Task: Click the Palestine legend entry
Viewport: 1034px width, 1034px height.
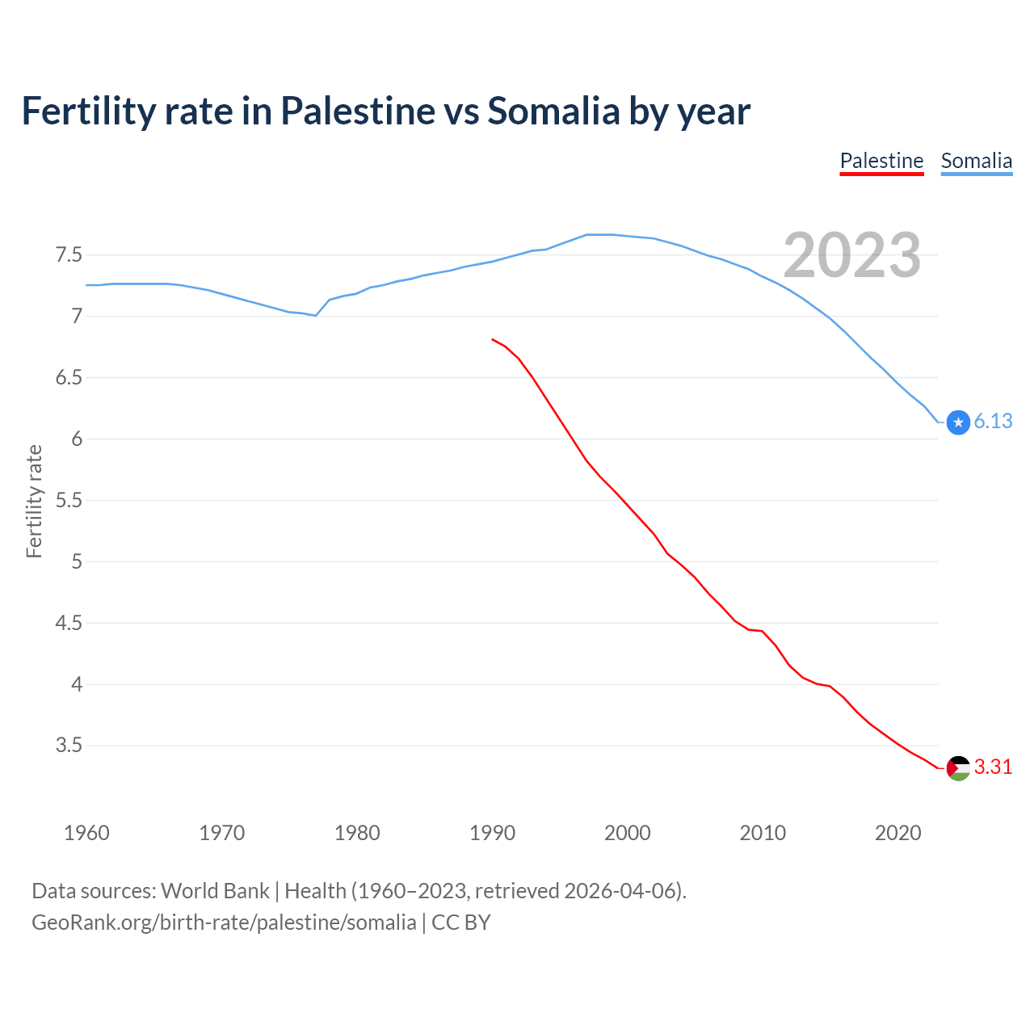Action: tap(881, 161)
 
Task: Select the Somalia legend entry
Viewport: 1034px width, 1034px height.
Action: tap(976, 161)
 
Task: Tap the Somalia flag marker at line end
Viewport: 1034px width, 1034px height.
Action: tap(958, 422)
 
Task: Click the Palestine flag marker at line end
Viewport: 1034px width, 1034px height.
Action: tap(958, 767)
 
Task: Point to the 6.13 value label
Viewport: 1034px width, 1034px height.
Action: tap(993, 422)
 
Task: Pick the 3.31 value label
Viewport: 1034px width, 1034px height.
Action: tap(993, 767)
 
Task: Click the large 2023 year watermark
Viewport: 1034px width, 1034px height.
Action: tap(851, 255)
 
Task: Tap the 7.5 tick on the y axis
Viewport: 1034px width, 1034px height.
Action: tap(69, 255)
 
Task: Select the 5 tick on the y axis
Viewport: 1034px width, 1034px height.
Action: tap(77, 561)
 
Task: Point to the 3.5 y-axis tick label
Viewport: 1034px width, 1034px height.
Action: tap(69, 746)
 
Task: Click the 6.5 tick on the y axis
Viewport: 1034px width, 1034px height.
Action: tap(69, 378)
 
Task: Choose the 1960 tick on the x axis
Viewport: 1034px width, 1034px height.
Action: tap(86, 833)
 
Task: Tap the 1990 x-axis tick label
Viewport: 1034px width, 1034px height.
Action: tap(492, 833)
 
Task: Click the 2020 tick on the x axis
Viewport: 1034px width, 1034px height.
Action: tap(897, 833)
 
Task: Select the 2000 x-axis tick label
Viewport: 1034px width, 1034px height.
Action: tap(628, 833)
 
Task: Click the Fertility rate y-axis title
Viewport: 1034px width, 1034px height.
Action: tap(34, 501)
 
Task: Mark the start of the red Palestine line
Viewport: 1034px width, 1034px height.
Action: tap(492, 339)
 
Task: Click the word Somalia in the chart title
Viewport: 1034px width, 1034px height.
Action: tap(553, 111)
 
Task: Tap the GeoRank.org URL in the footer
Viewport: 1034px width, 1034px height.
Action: tap(224, 923)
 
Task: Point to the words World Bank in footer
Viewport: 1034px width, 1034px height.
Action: tap(215, 891)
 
